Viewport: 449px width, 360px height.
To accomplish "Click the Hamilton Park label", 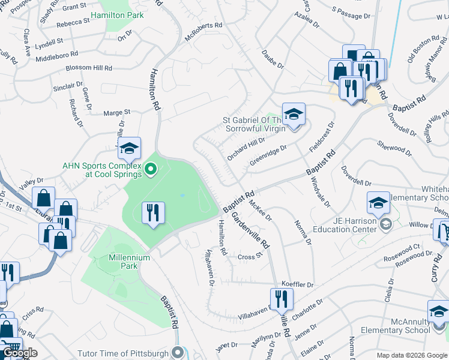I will pos(117,14).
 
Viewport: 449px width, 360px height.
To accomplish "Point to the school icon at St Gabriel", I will pos(294,114).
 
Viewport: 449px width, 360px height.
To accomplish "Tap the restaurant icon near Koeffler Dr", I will pos(281,298).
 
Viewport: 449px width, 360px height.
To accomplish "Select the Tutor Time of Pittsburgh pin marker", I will pos(176,352).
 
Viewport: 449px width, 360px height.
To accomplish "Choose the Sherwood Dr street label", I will pos(394,148).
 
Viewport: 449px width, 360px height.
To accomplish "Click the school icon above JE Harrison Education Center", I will pos(378,203).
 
